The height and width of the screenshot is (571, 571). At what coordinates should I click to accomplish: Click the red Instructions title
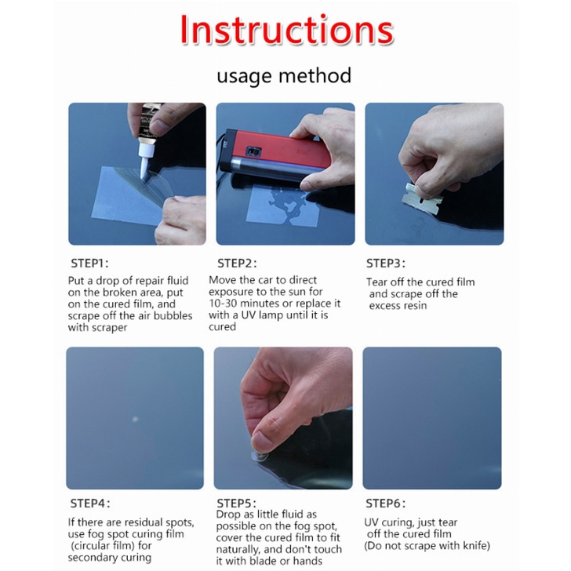tap(287, 30)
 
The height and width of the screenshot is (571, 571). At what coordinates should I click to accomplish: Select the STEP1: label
tap(89, 263)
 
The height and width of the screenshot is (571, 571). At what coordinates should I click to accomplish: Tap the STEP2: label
tap(237, 263)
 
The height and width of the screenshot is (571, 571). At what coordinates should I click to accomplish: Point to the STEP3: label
tap(386, 263)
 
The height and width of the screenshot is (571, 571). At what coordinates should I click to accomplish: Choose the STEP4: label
tap(90, 504)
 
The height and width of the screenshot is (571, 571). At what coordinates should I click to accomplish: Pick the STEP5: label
tap(236, 504)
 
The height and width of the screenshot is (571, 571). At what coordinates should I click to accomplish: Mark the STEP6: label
tap(385, 504)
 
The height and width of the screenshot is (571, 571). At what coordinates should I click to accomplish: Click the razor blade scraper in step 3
tap(422, 196)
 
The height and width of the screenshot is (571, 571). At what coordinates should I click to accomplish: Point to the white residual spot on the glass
tap(135, 419)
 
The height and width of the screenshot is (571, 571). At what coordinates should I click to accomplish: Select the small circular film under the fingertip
tap(260, 456)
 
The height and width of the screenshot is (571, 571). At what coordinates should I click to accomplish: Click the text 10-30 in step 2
tap(223, 304)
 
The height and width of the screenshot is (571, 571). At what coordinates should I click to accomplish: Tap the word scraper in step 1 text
tap(109, 328)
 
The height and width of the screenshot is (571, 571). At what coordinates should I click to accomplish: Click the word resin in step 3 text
tap(415, 306)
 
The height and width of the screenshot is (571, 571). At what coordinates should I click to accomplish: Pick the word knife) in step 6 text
tap(476, 546)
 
